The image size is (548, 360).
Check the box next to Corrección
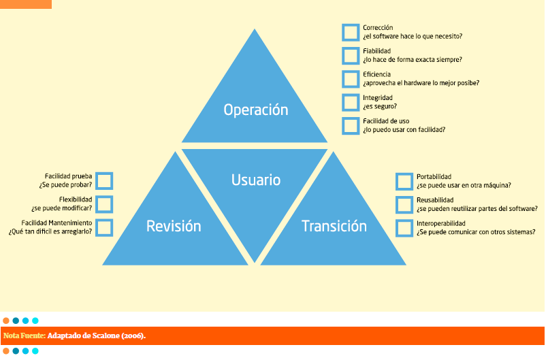[x=351, y=32]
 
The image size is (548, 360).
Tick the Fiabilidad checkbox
[x=351, y=55]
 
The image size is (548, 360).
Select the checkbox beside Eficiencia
[x=351, y=79]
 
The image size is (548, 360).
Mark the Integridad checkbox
[x=351, y=102]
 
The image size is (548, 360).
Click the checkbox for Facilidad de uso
[x=351, y=125]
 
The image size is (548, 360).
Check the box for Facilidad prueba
[x=104, y=180]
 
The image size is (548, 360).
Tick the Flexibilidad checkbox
[x=104, y=203]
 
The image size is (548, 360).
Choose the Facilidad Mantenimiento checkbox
[x=104, y=227]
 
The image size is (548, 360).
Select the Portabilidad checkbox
[x=404, y=181]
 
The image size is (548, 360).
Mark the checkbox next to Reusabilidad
[x=404, y=204]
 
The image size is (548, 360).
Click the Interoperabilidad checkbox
[x=404, y=227]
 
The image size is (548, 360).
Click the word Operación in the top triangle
[x=256, y=110]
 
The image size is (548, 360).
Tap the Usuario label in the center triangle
[x=256, y=180]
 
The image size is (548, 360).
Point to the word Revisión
[x=174, y=227]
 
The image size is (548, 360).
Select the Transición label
[x=334, y=227]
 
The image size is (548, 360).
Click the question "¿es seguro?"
[x=380, y=106]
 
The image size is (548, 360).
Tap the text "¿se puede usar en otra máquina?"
[x=464, y=185]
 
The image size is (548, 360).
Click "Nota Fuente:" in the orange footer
[x=25, y=336]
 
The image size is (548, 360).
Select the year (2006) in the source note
[x=134, y=336]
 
